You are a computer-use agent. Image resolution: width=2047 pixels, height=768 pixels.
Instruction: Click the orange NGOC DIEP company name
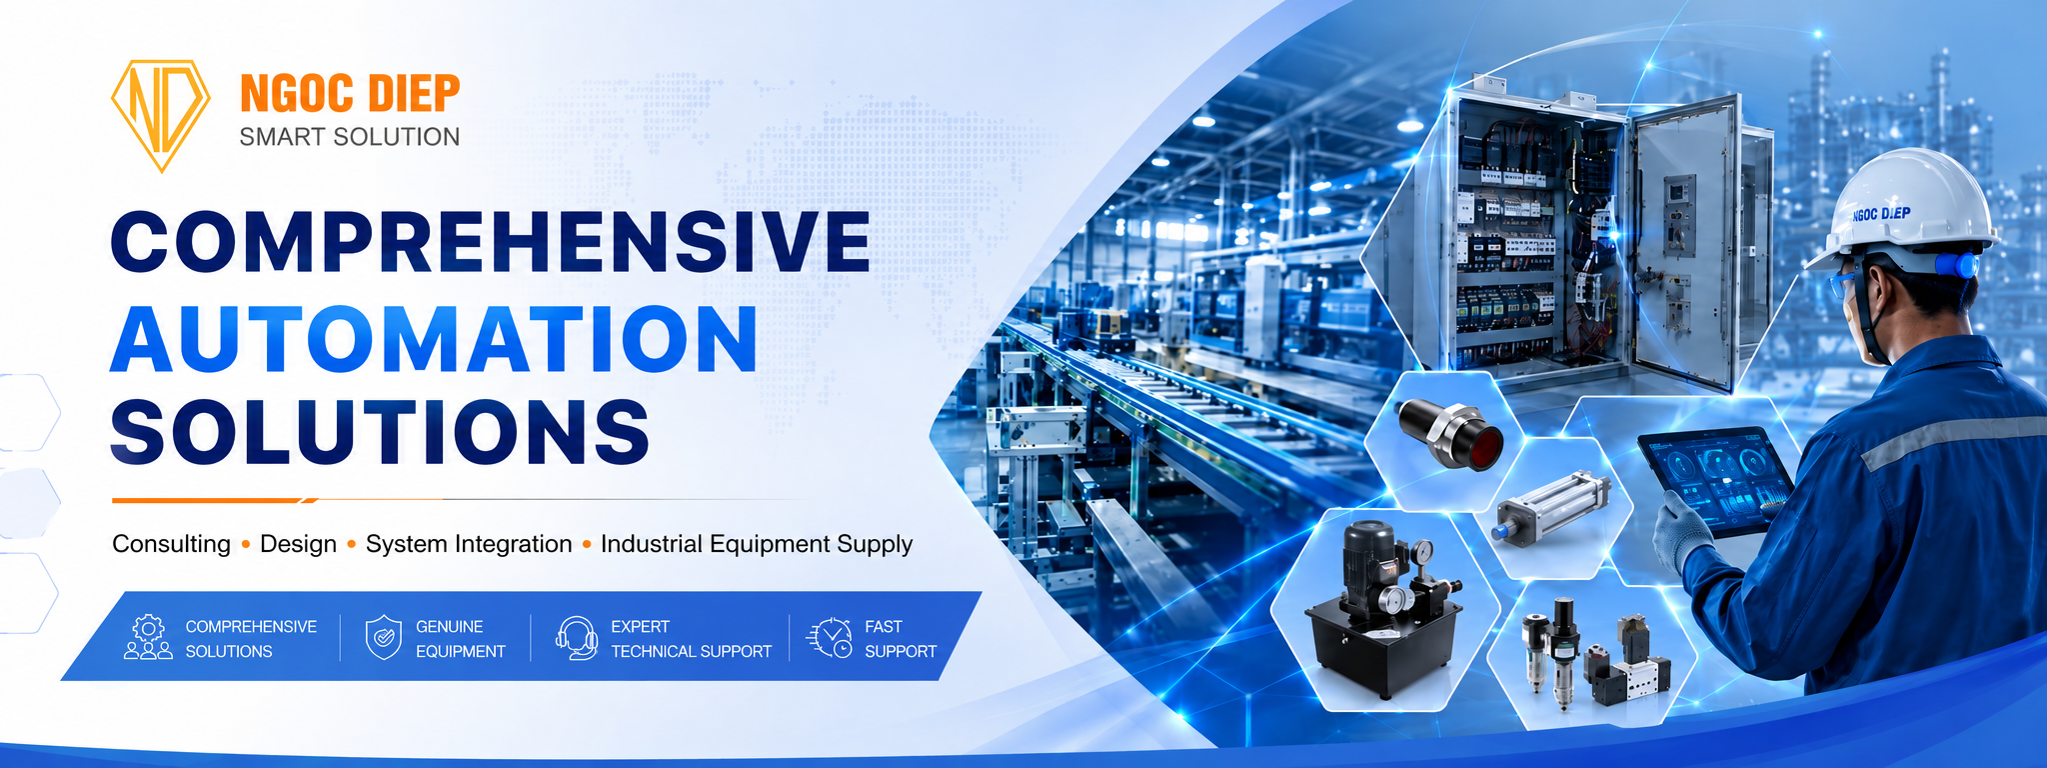click(350, 94)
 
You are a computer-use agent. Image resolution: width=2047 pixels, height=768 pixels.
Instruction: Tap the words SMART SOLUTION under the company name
click(350, 137)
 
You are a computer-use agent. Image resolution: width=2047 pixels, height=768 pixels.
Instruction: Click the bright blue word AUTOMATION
click(434, 339)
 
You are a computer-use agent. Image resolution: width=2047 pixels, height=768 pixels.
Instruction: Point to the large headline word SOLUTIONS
click(380, 431)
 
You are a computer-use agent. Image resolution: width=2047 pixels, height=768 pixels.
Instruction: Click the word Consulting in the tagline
click(171, 544)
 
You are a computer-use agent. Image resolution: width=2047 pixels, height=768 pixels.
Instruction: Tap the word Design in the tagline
click(298, 544)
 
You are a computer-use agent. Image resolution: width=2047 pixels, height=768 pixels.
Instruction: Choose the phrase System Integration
click(469, 544)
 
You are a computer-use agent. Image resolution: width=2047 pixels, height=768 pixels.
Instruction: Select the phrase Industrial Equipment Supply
click(757, 544)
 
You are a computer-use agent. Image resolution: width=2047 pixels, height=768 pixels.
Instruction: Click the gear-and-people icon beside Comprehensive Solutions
click(148, 637)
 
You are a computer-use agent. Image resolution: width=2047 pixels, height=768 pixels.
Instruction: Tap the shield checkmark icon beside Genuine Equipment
click(384, 638)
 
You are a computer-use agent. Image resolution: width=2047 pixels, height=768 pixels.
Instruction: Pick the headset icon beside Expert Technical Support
click(577, 638)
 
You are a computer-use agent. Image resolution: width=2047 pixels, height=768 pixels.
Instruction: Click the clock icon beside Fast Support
click(830, 638)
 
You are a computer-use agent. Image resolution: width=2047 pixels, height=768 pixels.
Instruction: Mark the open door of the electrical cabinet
click(1685, 241)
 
